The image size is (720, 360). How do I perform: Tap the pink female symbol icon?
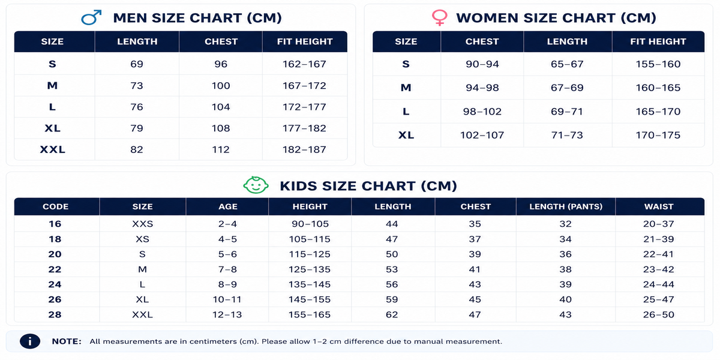coord(439,17)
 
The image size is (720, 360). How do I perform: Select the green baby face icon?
coord(256,185)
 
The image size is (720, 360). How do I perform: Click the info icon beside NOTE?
coord(30,341)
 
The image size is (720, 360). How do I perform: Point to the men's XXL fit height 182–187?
coord(304,149)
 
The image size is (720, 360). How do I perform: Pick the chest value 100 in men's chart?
coord(221,85)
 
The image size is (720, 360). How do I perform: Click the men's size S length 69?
coord(137,64)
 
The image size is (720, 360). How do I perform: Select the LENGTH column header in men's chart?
coord(137,41)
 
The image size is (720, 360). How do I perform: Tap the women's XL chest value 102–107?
coord(482,135)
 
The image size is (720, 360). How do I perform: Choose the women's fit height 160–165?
coord(658,88)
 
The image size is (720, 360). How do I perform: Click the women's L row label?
coord(406,112)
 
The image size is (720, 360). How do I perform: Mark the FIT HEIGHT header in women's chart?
coord(658,41)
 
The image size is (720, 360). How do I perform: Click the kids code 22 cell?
coord(55,269)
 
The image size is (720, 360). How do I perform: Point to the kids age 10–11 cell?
coord(227,299)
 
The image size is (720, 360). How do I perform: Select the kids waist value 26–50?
coord(659,314)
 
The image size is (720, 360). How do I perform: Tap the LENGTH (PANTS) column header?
coord(566,206)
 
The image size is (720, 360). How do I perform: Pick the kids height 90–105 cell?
coord(310,224)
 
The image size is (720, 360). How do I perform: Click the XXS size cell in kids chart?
coord(142,224)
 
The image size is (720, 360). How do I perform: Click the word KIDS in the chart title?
coord(299,186)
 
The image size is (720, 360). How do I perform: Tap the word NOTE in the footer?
coord(67,341)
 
